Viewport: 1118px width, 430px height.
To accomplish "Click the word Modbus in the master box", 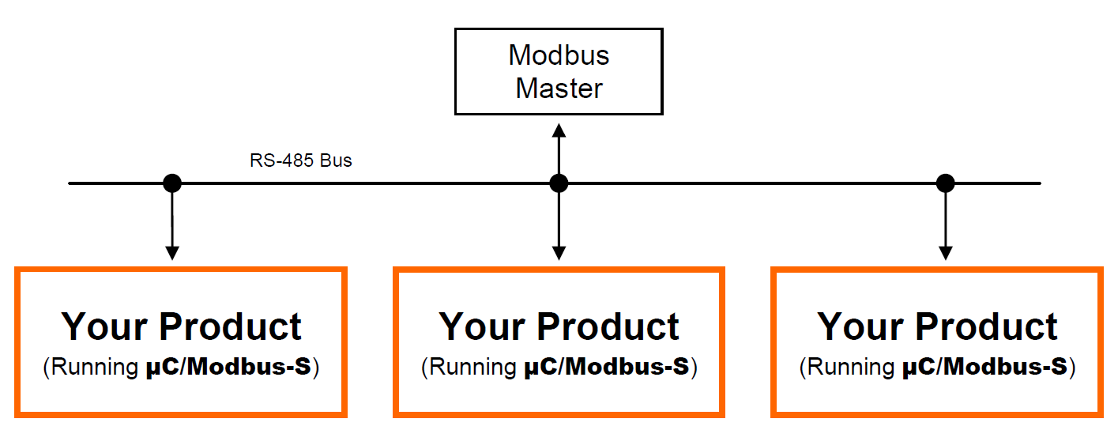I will pyautogui.click(x=559, y=55).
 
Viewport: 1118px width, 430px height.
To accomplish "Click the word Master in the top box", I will pyautogui.click(x=559, y=88).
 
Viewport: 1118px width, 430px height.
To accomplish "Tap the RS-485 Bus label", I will pyautogui.click(x=301, y=160).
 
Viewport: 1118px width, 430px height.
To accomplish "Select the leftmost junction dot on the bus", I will pyautogui.click(x=172, y=183).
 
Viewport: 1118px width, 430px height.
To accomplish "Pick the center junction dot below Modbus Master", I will pyautogui.click(x=559, y=183).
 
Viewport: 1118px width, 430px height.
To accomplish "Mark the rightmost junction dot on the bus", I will pyautogui.click(x=945, y=183).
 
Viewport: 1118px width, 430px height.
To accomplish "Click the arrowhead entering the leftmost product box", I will pyautogui.click(x=172, y=253).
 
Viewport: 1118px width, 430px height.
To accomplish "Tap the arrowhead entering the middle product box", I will pyautogui.click(x=559, y=253).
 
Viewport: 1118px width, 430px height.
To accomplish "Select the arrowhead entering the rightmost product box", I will pyautogui.click(x=945, y=253).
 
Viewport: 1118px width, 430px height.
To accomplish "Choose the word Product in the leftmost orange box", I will pyautogui.click(x=231, y=326).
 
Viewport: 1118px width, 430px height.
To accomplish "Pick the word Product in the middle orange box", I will pyautogui.click(x=608, y=326).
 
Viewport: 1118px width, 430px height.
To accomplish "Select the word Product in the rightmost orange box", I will pyautogui.click(x=987, y=326).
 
